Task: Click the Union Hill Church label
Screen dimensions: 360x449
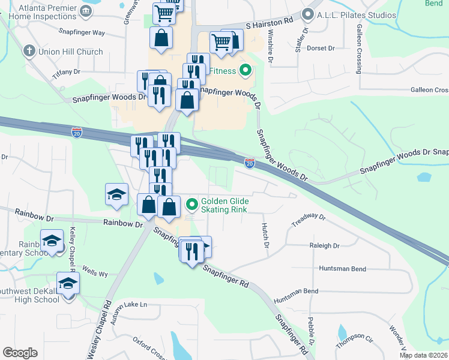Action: [70, 52]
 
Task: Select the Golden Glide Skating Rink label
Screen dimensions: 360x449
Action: [224, 206]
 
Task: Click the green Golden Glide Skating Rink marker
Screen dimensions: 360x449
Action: [192, 206]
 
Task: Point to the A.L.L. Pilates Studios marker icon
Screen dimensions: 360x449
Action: [309, 14]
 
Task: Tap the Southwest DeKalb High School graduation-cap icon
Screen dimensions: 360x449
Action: [68, 283]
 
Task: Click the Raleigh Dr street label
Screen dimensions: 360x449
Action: [325, 246]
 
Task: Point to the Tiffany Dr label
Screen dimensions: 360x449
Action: [66, 72]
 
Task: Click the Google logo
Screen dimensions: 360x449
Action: [20, 353]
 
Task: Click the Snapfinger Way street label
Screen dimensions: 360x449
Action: [82, 32]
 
